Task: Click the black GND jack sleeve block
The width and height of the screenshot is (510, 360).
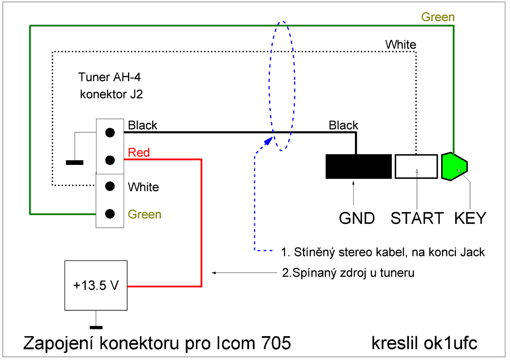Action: point(358,166)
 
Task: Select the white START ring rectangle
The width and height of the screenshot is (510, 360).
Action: point(416,166)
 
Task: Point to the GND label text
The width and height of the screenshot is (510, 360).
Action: point(357,218)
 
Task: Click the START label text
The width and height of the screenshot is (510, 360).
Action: point(417,218)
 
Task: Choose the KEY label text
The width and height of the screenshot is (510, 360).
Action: point(470,218)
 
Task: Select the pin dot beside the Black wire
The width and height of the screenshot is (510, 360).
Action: point(110,133)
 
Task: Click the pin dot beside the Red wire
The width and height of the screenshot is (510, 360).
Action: point(110,160)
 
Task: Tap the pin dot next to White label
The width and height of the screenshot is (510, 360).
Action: point(110,186)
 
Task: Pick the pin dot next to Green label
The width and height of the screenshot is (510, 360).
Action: point(110,213)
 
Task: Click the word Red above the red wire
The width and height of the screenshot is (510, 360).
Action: point(139,152)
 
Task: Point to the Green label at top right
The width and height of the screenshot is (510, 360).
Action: point(438,17)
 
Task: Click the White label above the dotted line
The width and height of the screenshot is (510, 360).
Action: point(400,44)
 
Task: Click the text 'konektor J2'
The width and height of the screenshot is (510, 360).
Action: point(111,94)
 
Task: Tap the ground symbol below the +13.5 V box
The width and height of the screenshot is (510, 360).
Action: point(96,327)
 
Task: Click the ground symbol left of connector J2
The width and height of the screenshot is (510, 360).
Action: point(74,162)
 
